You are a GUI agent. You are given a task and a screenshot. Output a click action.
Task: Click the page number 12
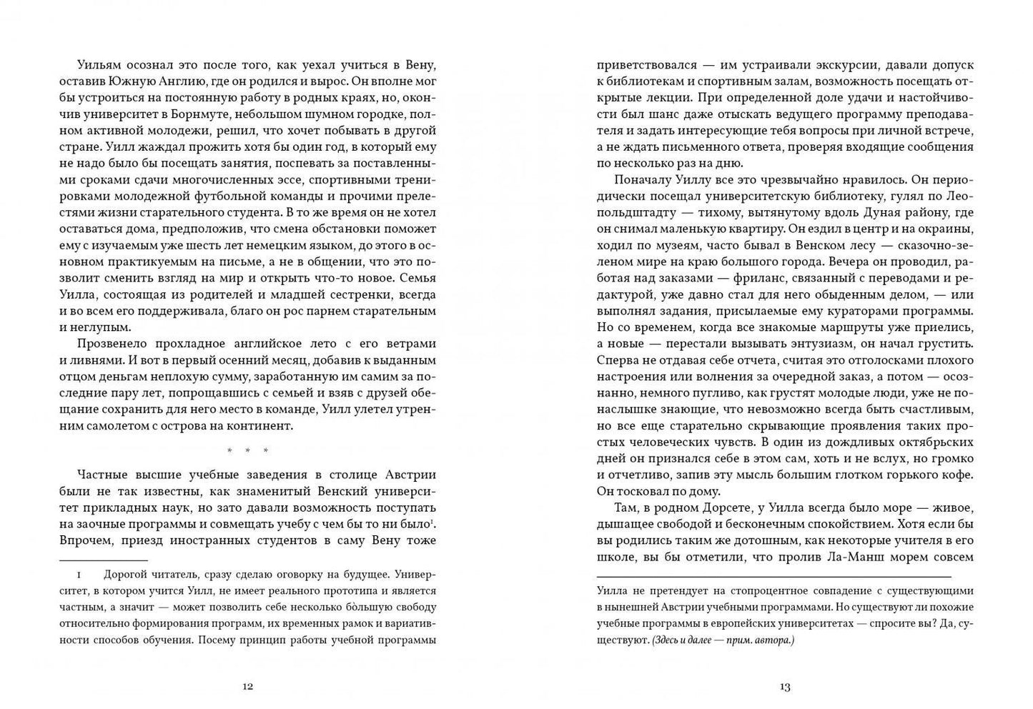(x=247, y=686)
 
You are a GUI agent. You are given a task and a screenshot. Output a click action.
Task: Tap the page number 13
(x=784, y=686)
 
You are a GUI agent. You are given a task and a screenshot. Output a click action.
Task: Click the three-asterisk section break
(x=247, y=450)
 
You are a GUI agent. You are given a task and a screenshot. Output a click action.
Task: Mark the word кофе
(x=957, y=475)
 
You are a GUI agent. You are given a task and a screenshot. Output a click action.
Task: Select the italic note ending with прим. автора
(x=723, y=640)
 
